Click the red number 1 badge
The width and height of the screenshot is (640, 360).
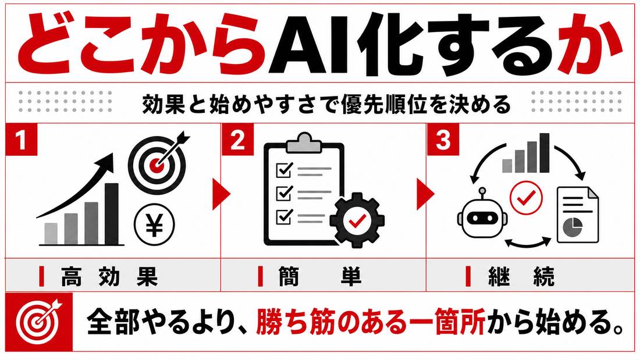(x=21, y=139)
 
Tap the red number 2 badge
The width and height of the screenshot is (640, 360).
(x=237, y=139)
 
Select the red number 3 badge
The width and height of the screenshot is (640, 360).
(x=443, y=139)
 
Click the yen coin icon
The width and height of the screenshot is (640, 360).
(x=154, y=225)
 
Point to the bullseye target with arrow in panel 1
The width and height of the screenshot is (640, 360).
(x=158, y=163)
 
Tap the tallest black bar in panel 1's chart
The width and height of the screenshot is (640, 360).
(x=112, y=213)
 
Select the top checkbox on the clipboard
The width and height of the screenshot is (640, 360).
(x=285, y=169)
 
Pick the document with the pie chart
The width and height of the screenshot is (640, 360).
(x=578, y=215)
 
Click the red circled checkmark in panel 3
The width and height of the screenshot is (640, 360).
(x=527, y=198)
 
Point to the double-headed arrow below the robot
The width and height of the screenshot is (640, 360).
(x=527, y=243)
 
